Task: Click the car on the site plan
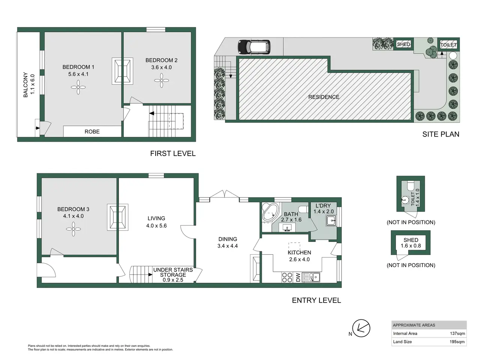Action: pos(254,46)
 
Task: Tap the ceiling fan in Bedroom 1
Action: pos(78,87)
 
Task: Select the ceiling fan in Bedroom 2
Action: pos(161,80)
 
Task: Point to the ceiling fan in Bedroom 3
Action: pos(73,229)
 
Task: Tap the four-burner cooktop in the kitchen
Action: pos(287,277)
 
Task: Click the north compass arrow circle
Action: pos(361,328)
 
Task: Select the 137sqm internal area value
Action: pos(457,333)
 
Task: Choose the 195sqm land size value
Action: pos(457,342)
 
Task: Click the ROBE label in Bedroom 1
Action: pos(92,132)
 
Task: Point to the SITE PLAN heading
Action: pos(441,134)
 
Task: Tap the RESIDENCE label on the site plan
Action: pos(324,97)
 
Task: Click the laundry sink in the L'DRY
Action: pos(331,220)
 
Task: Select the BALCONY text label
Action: pos(25,85)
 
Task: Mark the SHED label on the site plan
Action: pos(403,44)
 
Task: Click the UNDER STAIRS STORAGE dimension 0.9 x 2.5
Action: pos(173,280)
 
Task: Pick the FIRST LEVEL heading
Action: pos(173,153)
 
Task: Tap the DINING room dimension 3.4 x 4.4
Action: pos(227,246)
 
